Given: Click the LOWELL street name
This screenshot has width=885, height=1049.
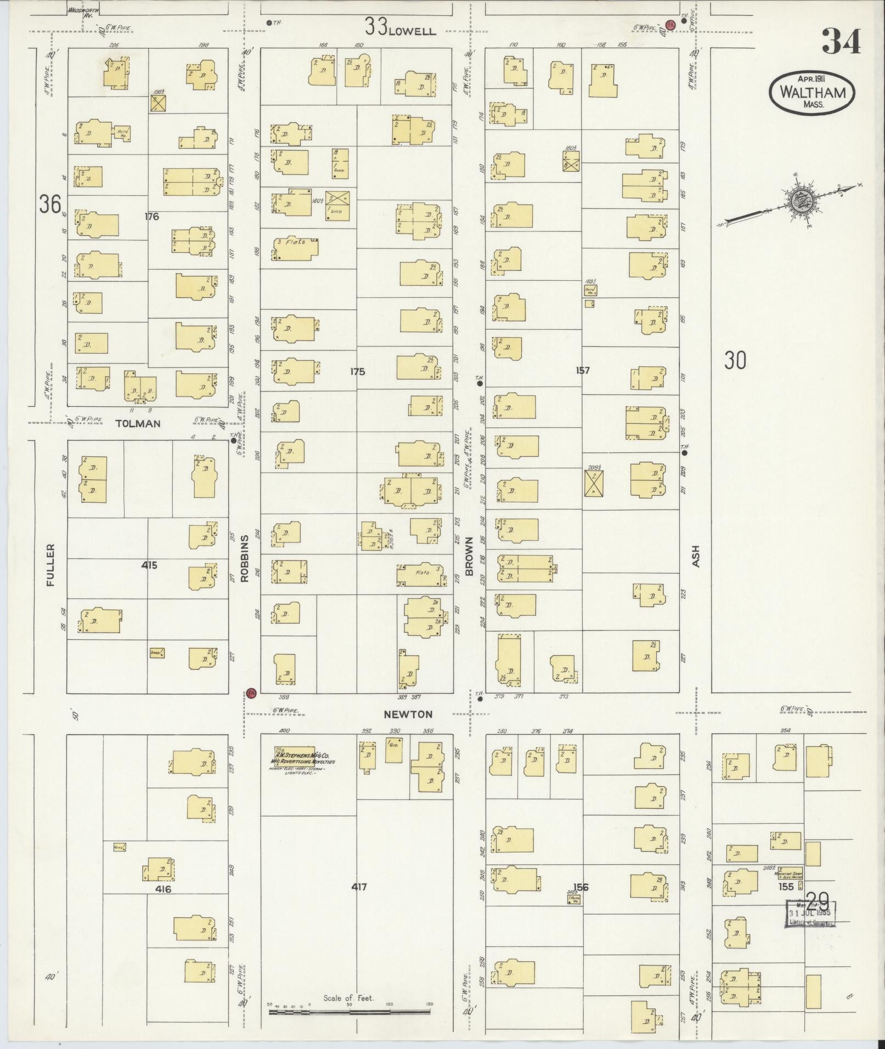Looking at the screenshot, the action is (412, 31).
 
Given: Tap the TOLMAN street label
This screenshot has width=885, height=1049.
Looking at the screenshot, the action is (138, 423).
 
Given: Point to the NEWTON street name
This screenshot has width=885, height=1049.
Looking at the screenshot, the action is (408, 714).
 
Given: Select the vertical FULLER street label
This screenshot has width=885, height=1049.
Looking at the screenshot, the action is (51, 565).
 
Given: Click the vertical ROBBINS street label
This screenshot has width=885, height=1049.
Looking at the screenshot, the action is (245, 558).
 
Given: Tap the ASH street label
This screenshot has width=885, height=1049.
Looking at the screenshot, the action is (697, 555).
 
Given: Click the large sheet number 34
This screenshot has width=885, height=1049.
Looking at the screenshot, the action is (841, 42).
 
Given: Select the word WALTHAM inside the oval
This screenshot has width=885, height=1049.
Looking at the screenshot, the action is (812, 92).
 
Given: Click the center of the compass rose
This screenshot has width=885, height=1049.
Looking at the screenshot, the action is (795, 200).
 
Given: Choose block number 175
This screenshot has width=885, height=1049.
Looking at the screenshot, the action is (357, 372).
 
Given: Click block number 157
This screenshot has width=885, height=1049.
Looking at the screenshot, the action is (582, 371).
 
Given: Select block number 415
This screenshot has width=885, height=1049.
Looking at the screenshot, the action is (149, 565).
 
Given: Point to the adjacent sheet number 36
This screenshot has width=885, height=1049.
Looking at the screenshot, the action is (49, 205).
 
